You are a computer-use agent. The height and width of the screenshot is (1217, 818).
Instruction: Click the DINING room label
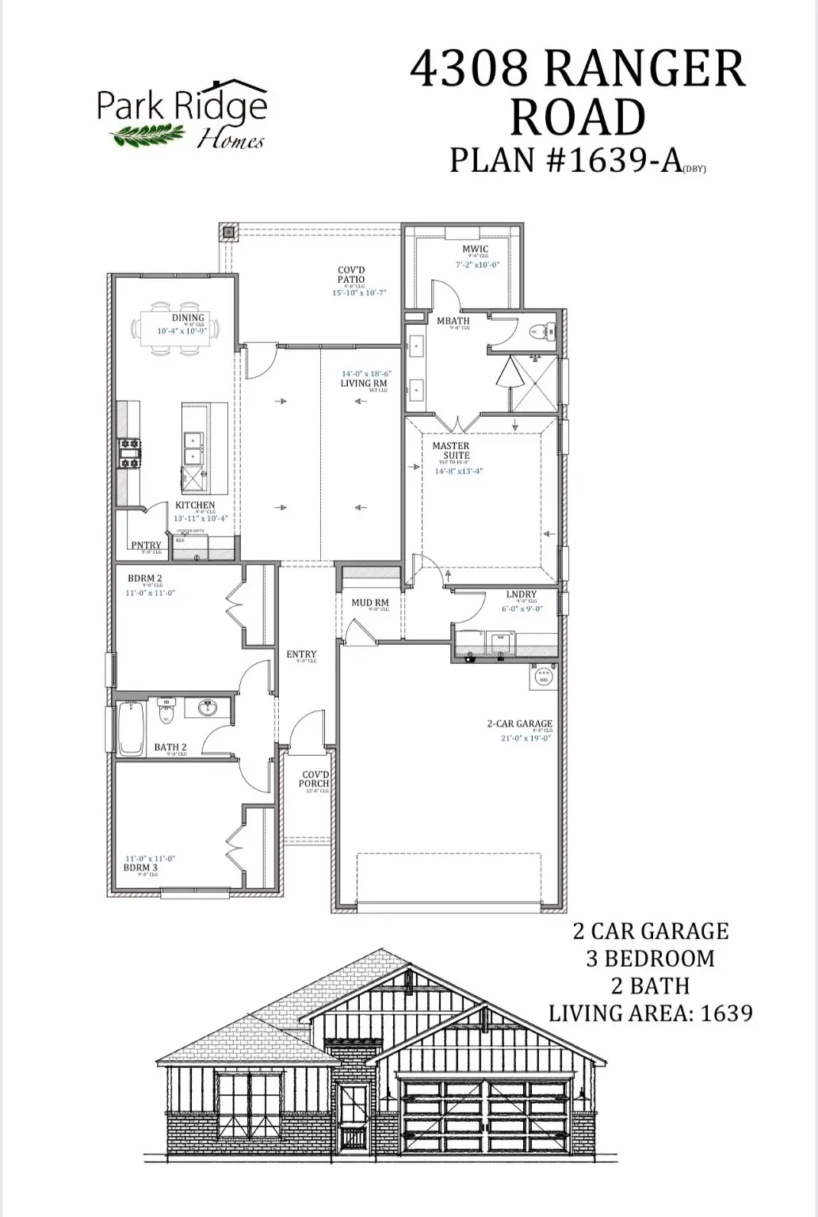(188, 318)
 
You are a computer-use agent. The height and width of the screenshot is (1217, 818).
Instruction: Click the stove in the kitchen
(129, 453)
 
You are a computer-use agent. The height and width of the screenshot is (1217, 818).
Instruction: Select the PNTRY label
(146, 545)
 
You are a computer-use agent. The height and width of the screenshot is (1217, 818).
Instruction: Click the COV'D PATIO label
(351, 274)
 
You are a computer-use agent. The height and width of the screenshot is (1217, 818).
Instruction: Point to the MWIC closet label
(476, 249)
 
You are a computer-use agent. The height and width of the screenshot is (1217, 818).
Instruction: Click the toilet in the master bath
(540, 331)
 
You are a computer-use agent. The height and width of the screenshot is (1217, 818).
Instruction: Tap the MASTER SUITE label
(451, 450)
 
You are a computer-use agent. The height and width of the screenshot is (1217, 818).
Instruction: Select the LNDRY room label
(521, 594)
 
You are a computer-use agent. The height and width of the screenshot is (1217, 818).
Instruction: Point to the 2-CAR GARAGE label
(519, 723)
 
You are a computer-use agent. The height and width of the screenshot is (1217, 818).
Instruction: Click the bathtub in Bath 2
(130, 729)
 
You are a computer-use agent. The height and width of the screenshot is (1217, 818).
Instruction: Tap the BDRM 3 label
(140, 867)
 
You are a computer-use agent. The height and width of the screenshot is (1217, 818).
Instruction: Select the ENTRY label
(301, 654)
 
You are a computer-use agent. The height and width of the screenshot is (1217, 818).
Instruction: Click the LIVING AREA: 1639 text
(650, 1013)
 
